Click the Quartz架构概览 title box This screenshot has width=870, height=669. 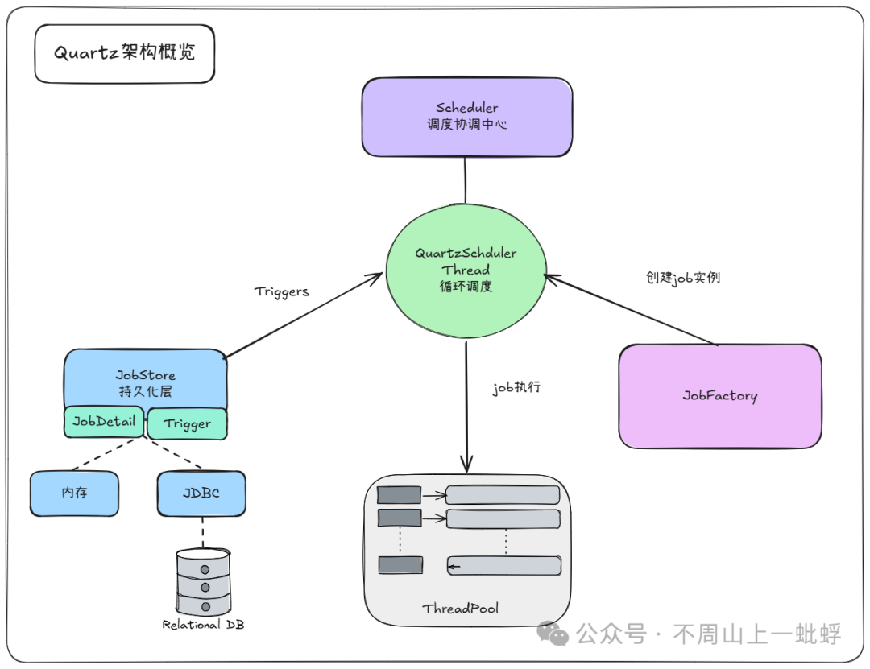tap(124, 53)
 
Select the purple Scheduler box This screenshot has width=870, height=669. tap(466, 117)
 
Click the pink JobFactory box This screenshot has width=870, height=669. tap(719, 395)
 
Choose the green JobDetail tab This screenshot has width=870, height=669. tap(104, 421)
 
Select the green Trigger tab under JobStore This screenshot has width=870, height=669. tap(187, 423)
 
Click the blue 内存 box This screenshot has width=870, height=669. tap(74, 493)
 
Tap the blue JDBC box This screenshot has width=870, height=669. tap(201, 493)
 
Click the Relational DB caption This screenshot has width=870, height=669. tap(203, 624)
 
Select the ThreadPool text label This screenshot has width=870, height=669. tap(460, 609)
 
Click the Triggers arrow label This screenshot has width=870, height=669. tap(281, 291)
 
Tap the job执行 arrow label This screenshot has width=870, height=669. tap(516, 387)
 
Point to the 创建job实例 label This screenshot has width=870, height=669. tap(683, 278)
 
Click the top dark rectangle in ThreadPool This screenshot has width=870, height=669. tap(400, 495)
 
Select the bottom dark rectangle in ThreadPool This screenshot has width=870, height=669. tap(400, 565)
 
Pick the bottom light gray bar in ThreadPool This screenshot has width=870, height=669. tap(503, 566)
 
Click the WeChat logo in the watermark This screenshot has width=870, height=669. tap(553, 634)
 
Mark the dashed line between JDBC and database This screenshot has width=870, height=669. tap(202, 531)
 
